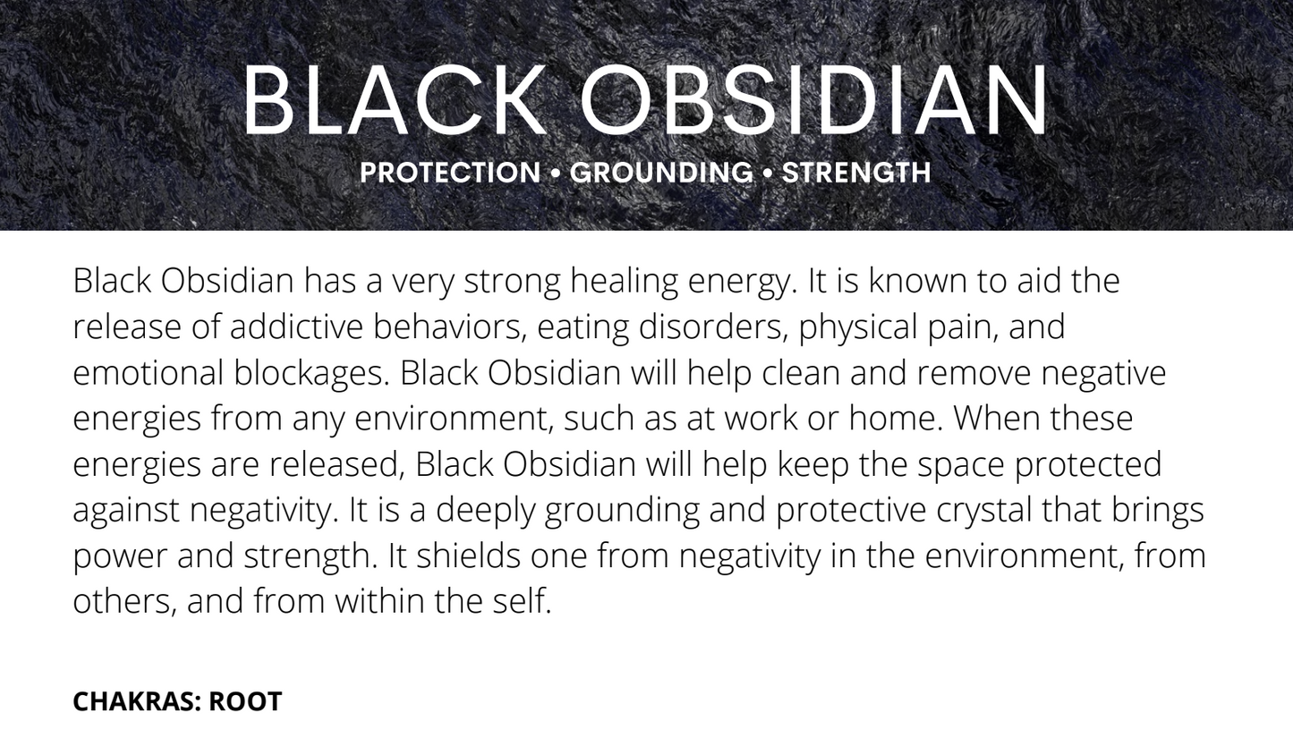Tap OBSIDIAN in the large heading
coord(814,100)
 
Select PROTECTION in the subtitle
coord(450,173)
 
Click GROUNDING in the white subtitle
coord(661,173)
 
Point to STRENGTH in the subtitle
coord(856,173)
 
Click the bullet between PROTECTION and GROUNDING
coord(556,173)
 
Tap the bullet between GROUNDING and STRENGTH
coord(768,173)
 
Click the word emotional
coord(148,372)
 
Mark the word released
coord(336,464)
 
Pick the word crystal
coord(983,510)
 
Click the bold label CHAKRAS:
coord(136,701)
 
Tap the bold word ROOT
coord(245,701)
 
